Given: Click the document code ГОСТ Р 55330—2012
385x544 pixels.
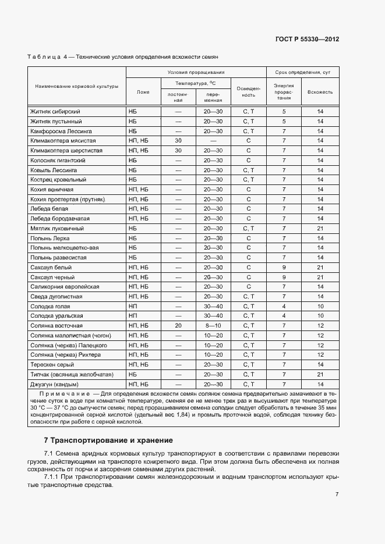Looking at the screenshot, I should click(307, 40).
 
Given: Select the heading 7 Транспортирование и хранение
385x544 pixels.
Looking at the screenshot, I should click(108, 440).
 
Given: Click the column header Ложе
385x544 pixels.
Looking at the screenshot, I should click(143, 92).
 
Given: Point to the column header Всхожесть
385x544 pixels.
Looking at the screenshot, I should click(320, 92).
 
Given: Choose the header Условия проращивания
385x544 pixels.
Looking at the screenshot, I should click(196, 72).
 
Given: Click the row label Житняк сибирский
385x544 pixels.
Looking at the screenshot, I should click(55, 111).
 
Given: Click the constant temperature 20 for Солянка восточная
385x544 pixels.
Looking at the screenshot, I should click(178, 326).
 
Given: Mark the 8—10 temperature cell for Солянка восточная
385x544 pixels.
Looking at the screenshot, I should click(213, 326).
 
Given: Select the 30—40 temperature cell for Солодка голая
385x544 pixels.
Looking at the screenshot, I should click(213, 307).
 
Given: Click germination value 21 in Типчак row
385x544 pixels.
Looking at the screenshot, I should click(320, 375).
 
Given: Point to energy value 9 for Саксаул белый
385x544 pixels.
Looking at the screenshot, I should click(284, 268).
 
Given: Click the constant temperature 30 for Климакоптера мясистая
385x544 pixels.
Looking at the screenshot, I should click(178, 141).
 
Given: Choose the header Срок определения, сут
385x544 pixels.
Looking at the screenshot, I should click(302, 72).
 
